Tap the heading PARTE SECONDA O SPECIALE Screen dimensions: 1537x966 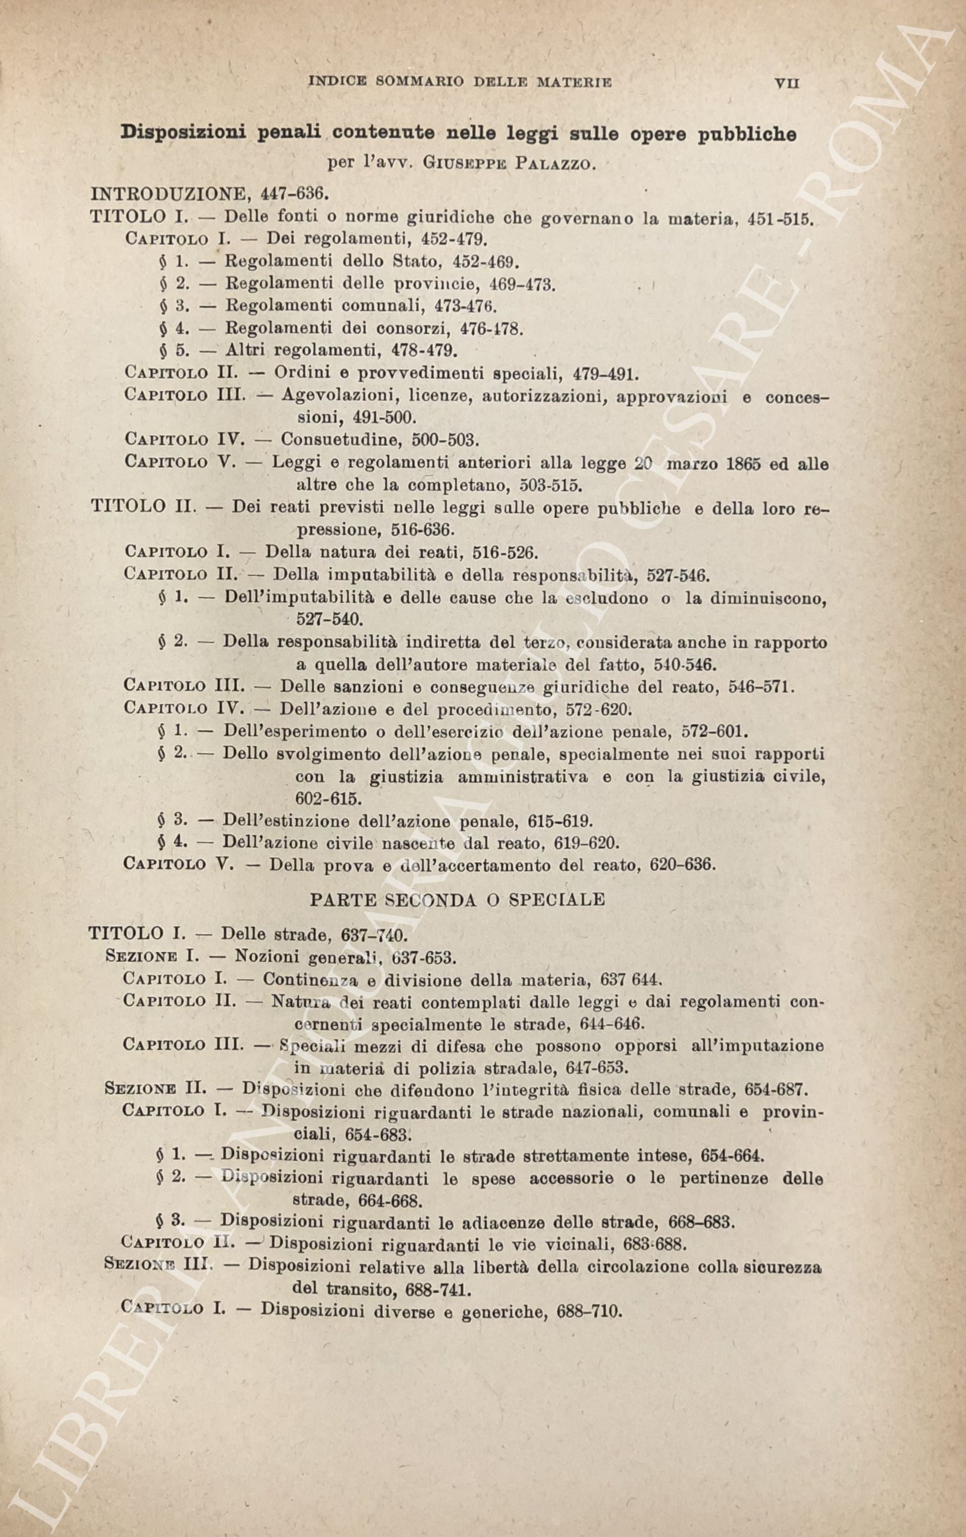coord(457,899)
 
